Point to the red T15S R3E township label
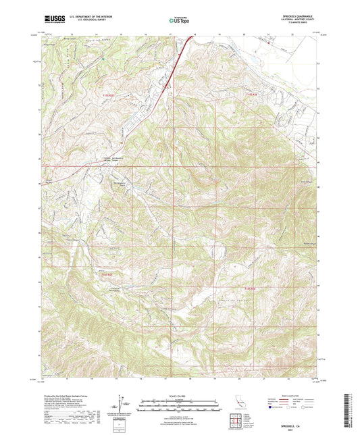click(x=251, y=95)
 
